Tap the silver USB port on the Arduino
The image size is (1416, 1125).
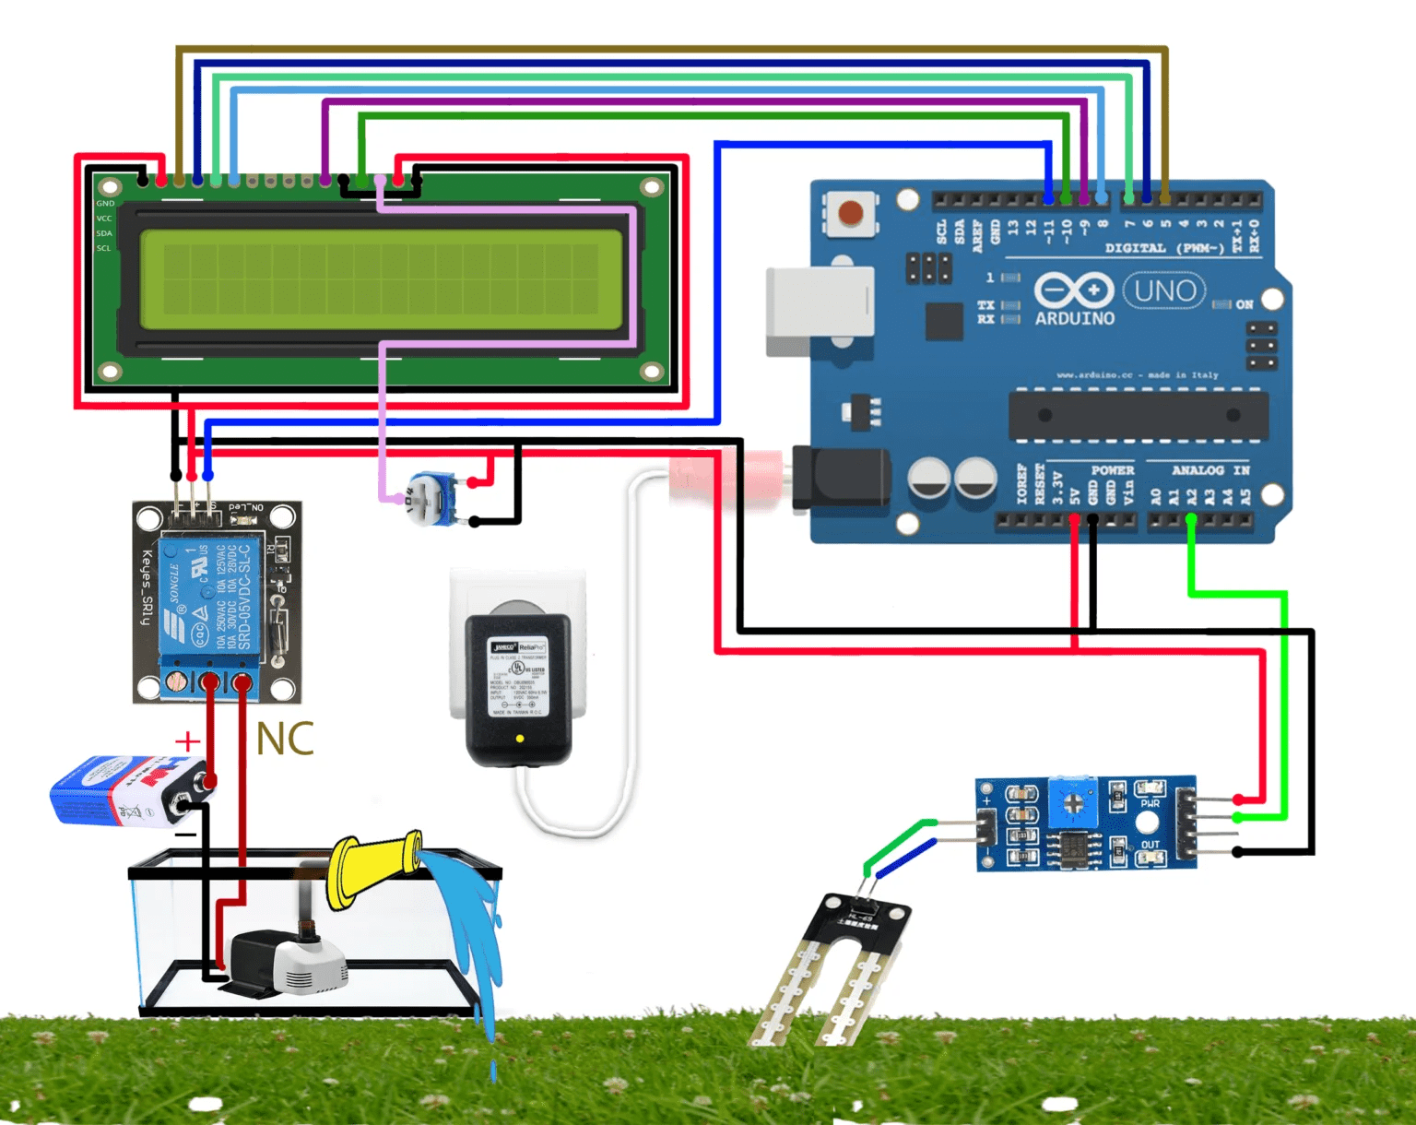[819, 311]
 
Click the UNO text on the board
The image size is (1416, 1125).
[1164, 291]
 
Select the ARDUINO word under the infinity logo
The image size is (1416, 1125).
[1074, 319]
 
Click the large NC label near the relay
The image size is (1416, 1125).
[284, 740]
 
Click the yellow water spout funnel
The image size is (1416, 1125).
[373, 866]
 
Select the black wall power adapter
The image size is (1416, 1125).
[519, 686]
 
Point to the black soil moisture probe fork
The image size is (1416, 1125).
[834, 968]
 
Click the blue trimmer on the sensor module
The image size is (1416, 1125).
[1073, 802]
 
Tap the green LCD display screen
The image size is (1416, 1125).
[381, 279]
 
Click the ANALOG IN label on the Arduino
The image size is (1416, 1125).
[1209, 470]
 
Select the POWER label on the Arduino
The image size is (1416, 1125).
[1112, 470]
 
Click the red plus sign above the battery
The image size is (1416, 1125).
[187, 740]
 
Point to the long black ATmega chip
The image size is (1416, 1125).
[1138, 415]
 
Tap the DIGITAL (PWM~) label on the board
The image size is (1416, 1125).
[1163, 248]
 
